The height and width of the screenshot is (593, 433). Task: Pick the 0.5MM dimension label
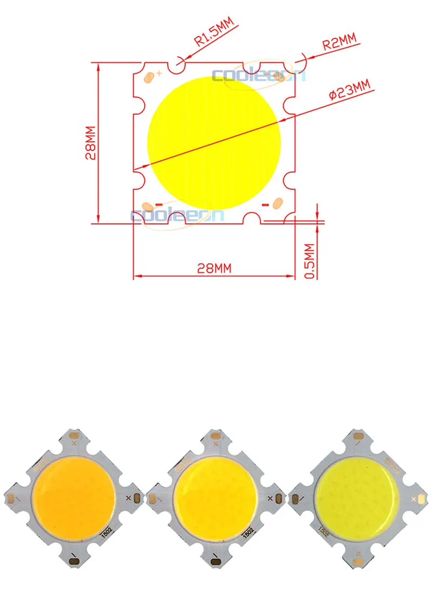click(x=311, y=261)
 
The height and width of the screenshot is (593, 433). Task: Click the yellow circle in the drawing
click(x=214, y=143)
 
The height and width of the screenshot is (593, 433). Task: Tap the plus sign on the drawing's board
click(x=159, y=74)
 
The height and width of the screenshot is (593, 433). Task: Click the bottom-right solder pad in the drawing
click(x=277, y=204)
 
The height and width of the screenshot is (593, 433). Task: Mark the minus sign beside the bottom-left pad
click(x=159, y=204)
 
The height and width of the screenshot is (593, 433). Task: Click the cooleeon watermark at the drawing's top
click(x=259, y=76)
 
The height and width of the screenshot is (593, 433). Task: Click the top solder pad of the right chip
click(x=358, y=436)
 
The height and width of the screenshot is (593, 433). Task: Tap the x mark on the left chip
click(x=128, y=497)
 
